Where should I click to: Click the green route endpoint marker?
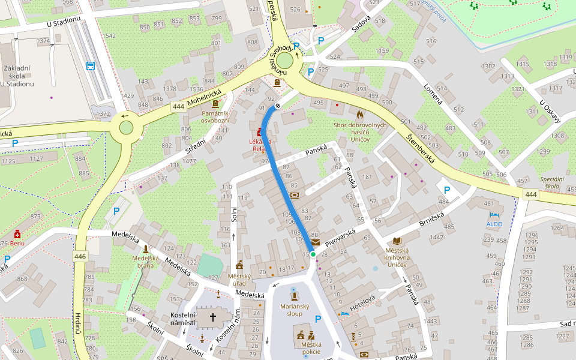[313, 254]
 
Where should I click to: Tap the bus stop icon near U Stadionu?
[90, 66]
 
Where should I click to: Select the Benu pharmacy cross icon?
[17, 234]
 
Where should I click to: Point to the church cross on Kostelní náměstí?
[212, 317]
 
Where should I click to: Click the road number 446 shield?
[80, 257]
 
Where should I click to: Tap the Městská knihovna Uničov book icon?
[397, 241]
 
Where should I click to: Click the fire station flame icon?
[359, 113]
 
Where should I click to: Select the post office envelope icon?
[316, 241]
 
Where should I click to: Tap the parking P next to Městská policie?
[318, 319]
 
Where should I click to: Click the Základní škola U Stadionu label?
[17, 76]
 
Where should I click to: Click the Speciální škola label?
[552, 183]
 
